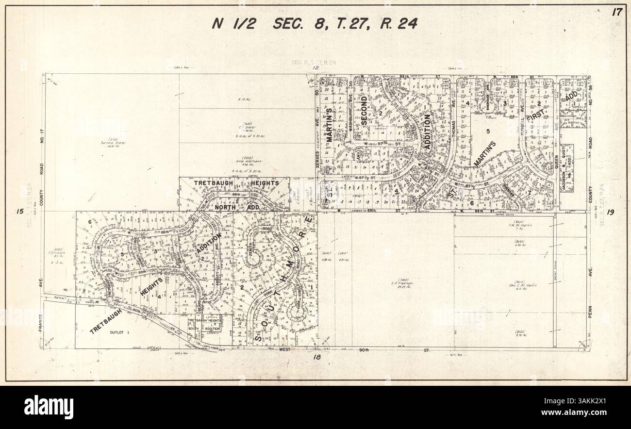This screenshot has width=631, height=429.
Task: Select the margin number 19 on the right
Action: (x=611, y=212)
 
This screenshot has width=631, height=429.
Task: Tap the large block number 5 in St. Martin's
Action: (x=488, y=131)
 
